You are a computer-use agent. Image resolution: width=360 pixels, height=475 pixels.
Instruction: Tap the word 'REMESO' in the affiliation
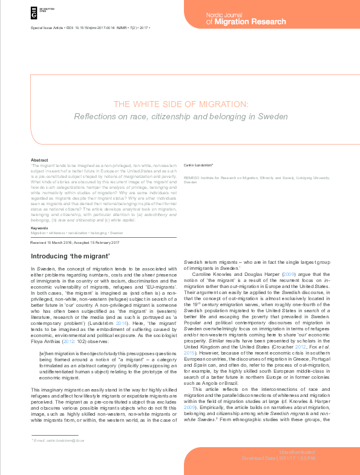pyautogui.click(x=192, y=177)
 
